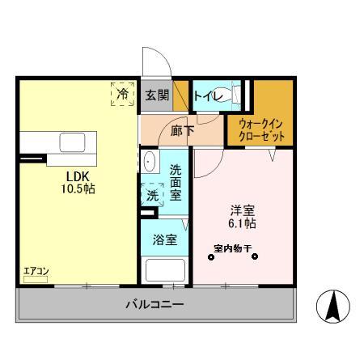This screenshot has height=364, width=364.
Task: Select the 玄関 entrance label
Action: point(156,95)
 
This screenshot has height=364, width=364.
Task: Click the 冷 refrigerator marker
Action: point(122,94)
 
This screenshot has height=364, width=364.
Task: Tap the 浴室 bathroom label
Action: point(165,240)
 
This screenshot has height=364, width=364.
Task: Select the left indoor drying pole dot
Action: point(211,258)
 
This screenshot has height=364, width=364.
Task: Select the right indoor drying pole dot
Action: point(255,258)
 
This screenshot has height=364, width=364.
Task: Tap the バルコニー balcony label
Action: point(154,305)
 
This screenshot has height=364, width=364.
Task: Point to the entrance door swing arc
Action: point(154,61)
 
